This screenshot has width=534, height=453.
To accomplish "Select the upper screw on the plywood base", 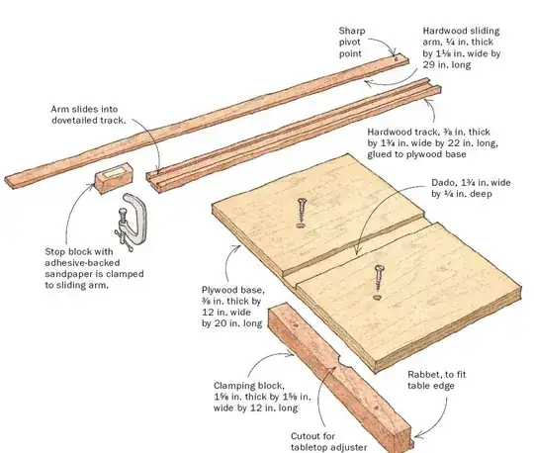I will (x=301, y=211).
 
